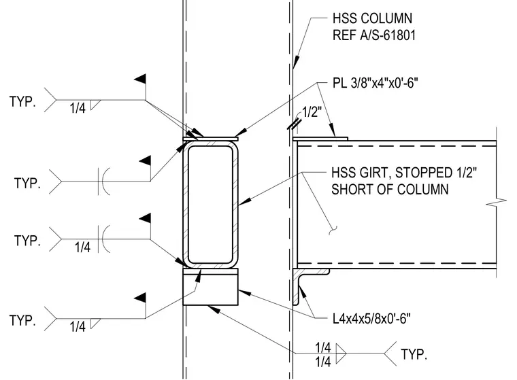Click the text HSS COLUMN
point(372,18)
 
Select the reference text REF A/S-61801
point(374,35)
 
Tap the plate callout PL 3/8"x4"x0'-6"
point(376,83)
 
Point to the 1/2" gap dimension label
point(312,112)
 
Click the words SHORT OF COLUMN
point(390,190)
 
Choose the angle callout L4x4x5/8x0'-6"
point(371,319)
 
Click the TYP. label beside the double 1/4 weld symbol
point(414,354)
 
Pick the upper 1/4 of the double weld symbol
point(323,347)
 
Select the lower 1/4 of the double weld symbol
point(323,362)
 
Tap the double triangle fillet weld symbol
point(341,353)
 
